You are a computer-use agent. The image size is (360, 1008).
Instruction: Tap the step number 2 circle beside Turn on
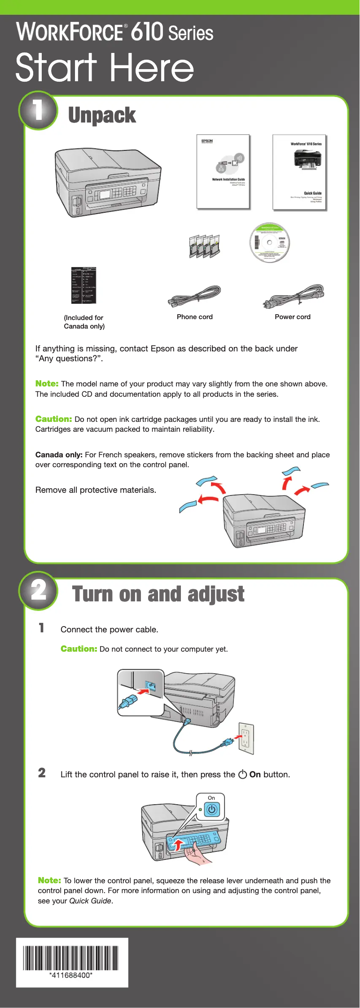[x=38, y=591]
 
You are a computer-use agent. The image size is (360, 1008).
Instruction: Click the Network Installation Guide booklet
[x=223, y=171]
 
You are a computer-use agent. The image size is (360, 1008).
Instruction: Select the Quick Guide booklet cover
[x=299, y=172]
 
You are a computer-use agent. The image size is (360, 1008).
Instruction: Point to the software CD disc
[x=270, y=242]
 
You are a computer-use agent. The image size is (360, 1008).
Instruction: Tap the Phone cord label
[x=194, y=317]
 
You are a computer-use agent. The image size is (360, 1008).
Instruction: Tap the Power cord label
[x=292, y=317]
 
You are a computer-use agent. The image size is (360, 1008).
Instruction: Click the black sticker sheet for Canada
[x=84, y=285]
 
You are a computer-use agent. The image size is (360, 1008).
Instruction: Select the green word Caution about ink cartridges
[x=53, y=419]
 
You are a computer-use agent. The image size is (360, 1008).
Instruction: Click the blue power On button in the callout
[x=211, y=810]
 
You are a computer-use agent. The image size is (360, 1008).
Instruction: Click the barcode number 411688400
[x=71, y=976]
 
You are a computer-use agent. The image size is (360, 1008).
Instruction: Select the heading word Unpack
[x=102, y=115]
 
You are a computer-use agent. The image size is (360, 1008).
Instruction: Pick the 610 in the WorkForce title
[x=147, y=31]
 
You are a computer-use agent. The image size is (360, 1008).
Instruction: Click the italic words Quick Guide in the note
[x=90, y=901]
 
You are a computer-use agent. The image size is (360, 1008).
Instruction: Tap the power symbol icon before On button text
[x=242, y=774]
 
